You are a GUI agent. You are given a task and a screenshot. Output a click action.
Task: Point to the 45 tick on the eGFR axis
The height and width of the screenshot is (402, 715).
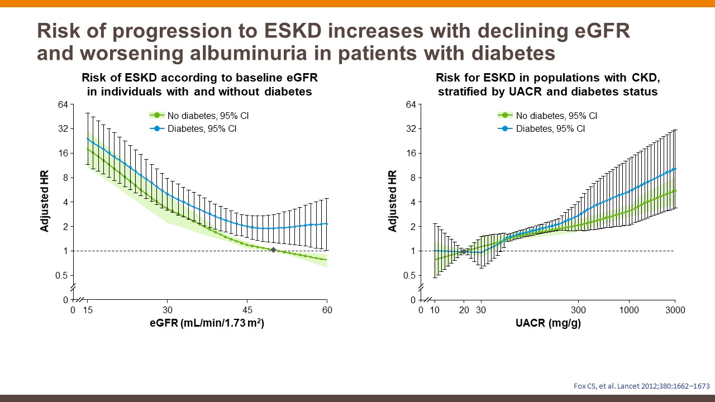[x=247, y=310]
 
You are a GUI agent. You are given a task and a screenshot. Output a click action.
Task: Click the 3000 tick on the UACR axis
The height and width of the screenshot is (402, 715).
[x=675, y=310]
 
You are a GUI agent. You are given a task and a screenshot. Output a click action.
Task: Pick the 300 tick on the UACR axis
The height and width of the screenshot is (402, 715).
[x=579, y=310]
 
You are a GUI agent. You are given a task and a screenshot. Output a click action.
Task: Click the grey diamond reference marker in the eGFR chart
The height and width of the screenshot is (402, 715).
[x=273, y=250]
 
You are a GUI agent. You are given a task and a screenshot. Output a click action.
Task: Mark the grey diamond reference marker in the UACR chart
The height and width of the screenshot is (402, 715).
[x=464, y=252]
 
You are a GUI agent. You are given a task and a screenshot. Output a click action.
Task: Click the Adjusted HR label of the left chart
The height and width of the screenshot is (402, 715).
[x=45, y=201]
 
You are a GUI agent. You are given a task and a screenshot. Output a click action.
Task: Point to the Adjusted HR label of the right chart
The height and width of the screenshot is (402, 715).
[x=393, y=201]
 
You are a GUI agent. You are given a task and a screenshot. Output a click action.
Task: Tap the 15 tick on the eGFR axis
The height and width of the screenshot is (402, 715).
[x=88, y=310]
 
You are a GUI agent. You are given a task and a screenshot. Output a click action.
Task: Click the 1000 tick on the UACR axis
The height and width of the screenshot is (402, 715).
[x=630, y=310]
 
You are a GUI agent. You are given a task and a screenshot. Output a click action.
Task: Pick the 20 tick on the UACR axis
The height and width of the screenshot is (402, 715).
[x=464, y=310]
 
